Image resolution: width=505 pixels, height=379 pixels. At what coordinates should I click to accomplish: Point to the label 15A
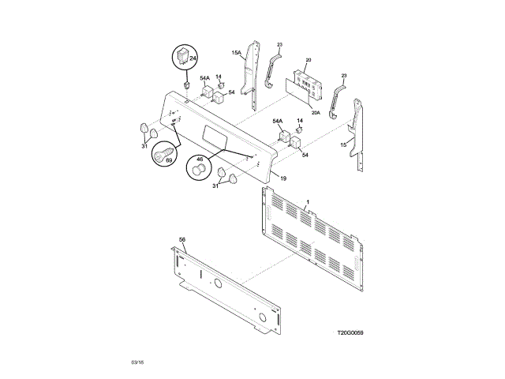[x=236, y=53]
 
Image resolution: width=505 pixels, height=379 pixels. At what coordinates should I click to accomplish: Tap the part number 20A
[x=315, y=113]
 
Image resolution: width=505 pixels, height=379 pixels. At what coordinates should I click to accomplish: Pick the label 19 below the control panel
[x=283, y=179]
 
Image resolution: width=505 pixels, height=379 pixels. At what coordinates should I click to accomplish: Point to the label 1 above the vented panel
[x=308, y=203]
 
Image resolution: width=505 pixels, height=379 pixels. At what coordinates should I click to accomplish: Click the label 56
[x=182, y=239]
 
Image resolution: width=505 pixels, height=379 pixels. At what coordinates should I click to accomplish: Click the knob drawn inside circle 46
[x=196, y=171]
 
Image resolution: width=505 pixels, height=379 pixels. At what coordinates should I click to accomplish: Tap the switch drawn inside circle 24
[x=184, y=57]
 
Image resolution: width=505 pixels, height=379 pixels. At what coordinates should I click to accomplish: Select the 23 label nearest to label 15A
[x=279, y=44]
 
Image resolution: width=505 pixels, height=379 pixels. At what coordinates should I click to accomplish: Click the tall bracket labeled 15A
[x=252, y=75]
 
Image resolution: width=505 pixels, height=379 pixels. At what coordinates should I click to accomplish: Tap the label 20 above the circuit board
[x=309, y=60]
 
